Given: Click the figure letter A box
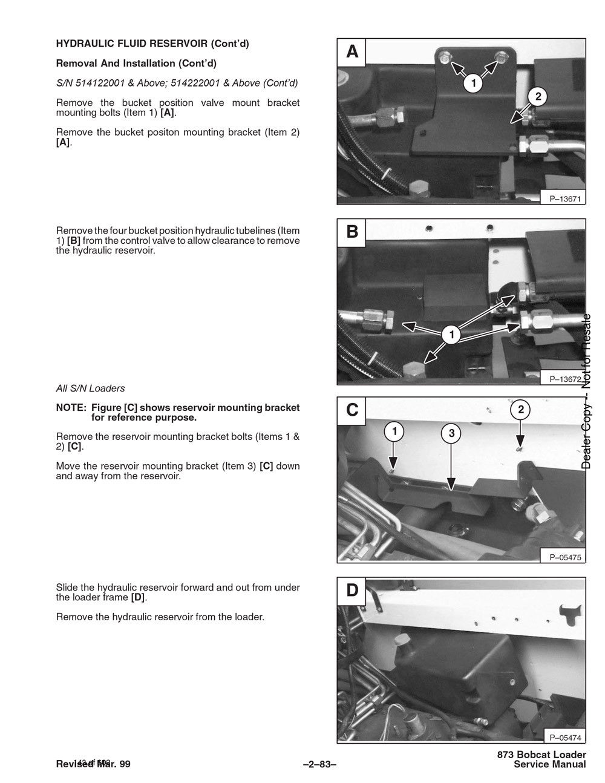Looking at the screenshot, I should coord(352,53).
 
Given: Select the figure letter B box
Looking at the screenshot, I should coord(352,232).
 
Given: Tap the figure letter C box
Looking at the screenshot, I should coord(352,410).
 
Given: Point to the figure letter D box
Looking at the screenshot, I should coord(352,590).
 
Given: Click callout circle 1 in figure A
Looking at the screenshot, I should coord(473,82).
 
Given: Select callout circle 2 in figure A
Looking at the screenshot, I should coord(537,96).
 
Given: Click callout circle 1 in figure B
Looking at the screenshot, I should coord(451,334).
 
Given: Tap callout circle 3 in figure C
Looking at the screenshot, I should coord(451,433).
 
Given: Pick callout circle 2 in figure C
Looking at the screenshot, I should coord(520,410).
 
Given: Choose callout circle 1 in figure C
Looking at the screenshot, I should coord(394,431).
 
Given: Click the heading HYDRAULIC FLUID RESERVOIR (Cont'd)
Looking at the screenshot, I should coord(152,44).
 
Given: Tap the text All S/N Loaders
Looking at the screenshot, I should coord(90,388).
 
